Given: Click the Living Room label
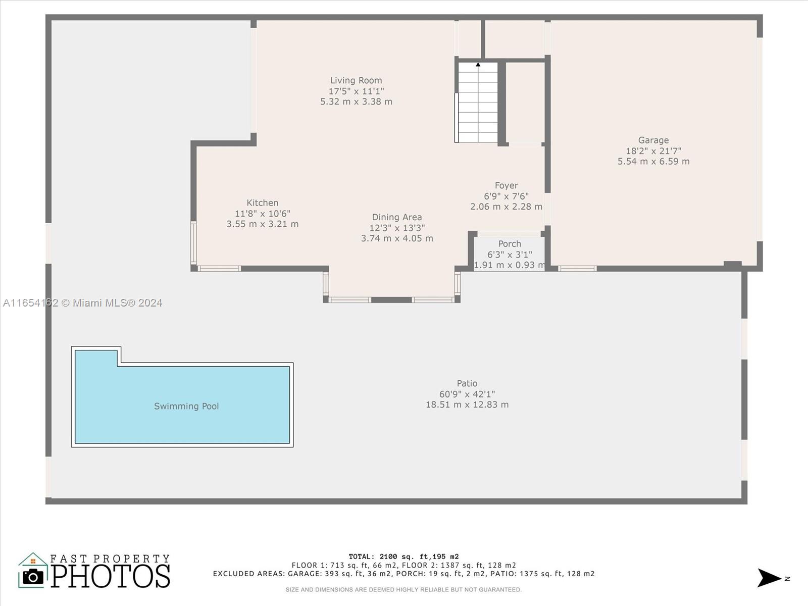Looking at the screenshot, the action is (356, 80).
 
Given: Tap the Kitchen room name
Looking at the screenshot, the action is (263, 203).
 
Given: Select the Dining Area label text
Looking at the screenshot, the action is (397, 217).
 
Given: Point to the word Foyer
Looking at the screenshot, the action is (506, 185).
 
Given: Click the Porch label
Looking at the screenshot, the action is (510, 244).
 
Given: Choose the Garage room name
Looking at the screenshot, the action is (653, 140).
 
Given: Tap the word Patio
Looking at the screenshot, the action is (467, 383).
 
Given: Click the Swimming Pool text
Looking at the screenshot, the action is (186, 406).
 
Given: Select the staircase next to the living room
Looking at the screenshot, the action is (478, 103).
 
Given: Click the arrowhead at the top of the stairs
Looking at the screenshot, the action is (478, 65).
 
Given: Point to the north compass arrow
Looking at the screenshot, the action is (769, 578).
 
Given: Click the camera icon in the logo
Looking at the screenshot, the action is (33, 577).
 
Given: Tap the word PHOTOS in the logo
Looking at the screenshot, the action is (111, 576).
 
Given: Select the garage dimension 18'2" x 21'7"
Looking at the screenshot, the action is (653, 151).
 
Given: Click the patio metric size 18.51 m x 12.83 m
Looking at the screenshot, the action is (467, 405).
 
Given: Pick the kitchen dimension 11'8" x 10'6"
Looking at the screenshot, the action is (263, 214).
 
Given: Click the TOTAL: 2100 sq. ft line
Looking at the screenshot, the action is (404, 557).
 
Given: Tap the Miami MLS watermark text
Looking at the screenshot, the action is (82, 303).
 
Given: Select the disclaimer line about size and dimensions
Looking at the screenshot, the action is (404, 589).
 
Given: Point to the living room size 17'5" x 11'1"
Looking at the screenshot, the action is (356, 91).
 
